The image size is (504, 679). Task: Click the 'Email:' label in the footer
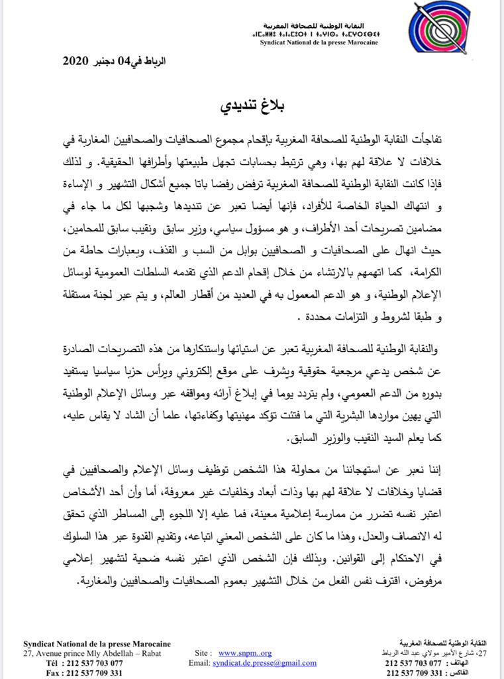tap(199, 662)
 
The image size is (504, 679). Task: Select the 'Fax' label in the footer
tap(53, 672)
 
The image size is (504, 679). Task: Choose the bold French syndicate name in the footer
tap(97, 644)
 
